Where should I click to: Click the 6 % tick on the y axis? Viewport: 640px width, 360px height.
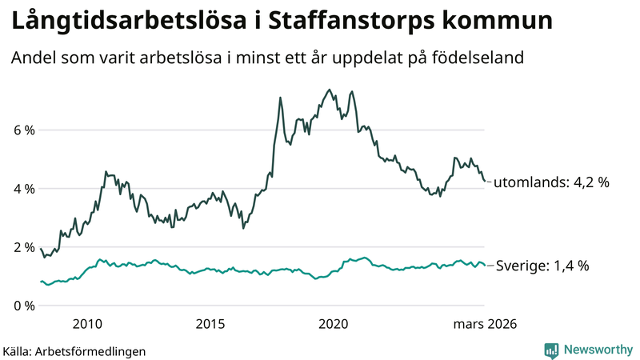[x=23, y=130]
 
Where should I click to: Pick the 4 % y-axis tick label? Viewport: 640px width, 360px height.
[x=23, y=189]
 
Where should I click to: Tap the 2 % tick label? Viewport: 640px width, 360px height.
[x=23, y=247]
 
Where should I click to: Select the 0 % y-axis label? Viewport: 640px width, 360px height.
[x=23, y=306]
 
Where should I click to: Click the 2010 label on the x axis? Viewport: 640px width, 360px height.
[x=87, y=324]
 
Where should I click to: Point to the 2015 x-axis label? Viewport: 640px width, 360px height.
[x=210, y=324]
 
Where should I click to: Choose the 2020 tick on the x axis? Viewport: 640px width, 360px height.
[x=334, y=324]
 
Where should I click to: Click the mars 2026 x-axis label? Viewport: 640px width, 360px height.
[x=485, y=324]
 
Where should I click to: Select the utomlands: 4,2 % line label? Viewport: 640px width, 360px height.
[x=551, y=182]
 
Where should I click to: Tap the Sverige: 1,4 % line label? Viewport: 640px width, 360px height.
[x=542, y=266]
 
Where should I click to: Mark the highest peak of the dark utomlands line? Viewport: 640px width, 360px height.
[x=330, y=90]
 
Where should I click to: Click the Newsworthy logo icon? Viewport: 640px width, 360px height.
[x=551, y=350]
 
